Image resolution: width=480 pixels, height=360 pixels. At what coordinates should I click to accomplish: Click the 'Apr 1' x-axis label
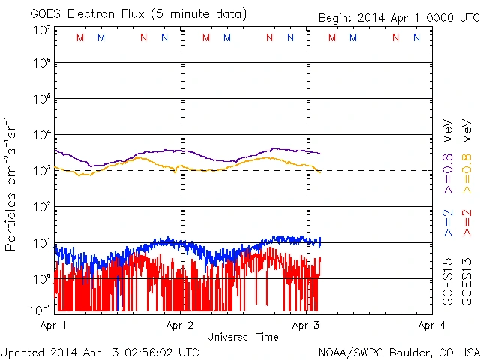click(53, 325)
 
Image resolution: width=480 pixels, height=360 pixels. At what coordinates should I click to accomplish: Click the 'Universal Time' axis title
click(243, 337)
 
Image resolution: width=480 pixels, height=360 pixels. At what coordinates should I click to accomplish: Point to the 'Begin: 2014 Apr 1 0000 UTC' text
click(397, 17)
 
